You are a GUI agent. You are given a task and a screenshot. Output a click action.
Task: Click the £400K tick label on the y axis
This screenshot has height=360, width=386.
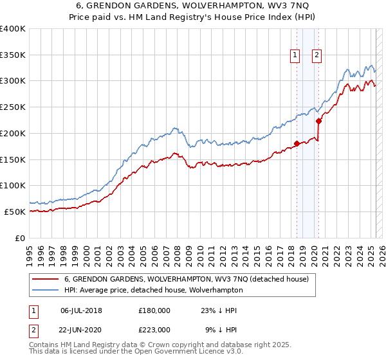pos(13,29)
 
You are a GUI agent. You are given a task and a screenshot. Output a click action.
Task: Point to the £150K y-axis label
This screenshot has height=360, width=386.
pos(13,159)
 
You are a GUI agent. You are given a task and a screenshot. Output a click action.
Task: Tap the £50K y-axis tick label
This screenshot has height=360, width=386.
pos(15,212)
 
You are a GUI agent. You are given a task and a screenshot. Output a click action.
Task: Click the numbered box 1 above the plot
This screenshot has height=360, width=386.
pos(295,56)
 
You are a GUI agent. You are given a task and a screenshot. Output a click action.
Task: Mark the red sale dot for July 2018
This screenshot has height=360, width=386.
pos(297,143)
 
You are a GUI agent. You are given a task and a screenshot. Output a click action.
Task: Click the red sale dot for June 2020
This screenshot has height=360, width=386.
pos(318,121)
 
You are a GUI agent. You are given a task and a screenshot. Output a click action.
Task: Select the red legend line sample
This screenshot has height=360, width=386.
pos(46,279)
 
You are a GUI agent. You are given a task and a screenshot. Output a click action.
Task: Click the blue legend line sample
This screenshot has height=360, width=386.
pos(46,290)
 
